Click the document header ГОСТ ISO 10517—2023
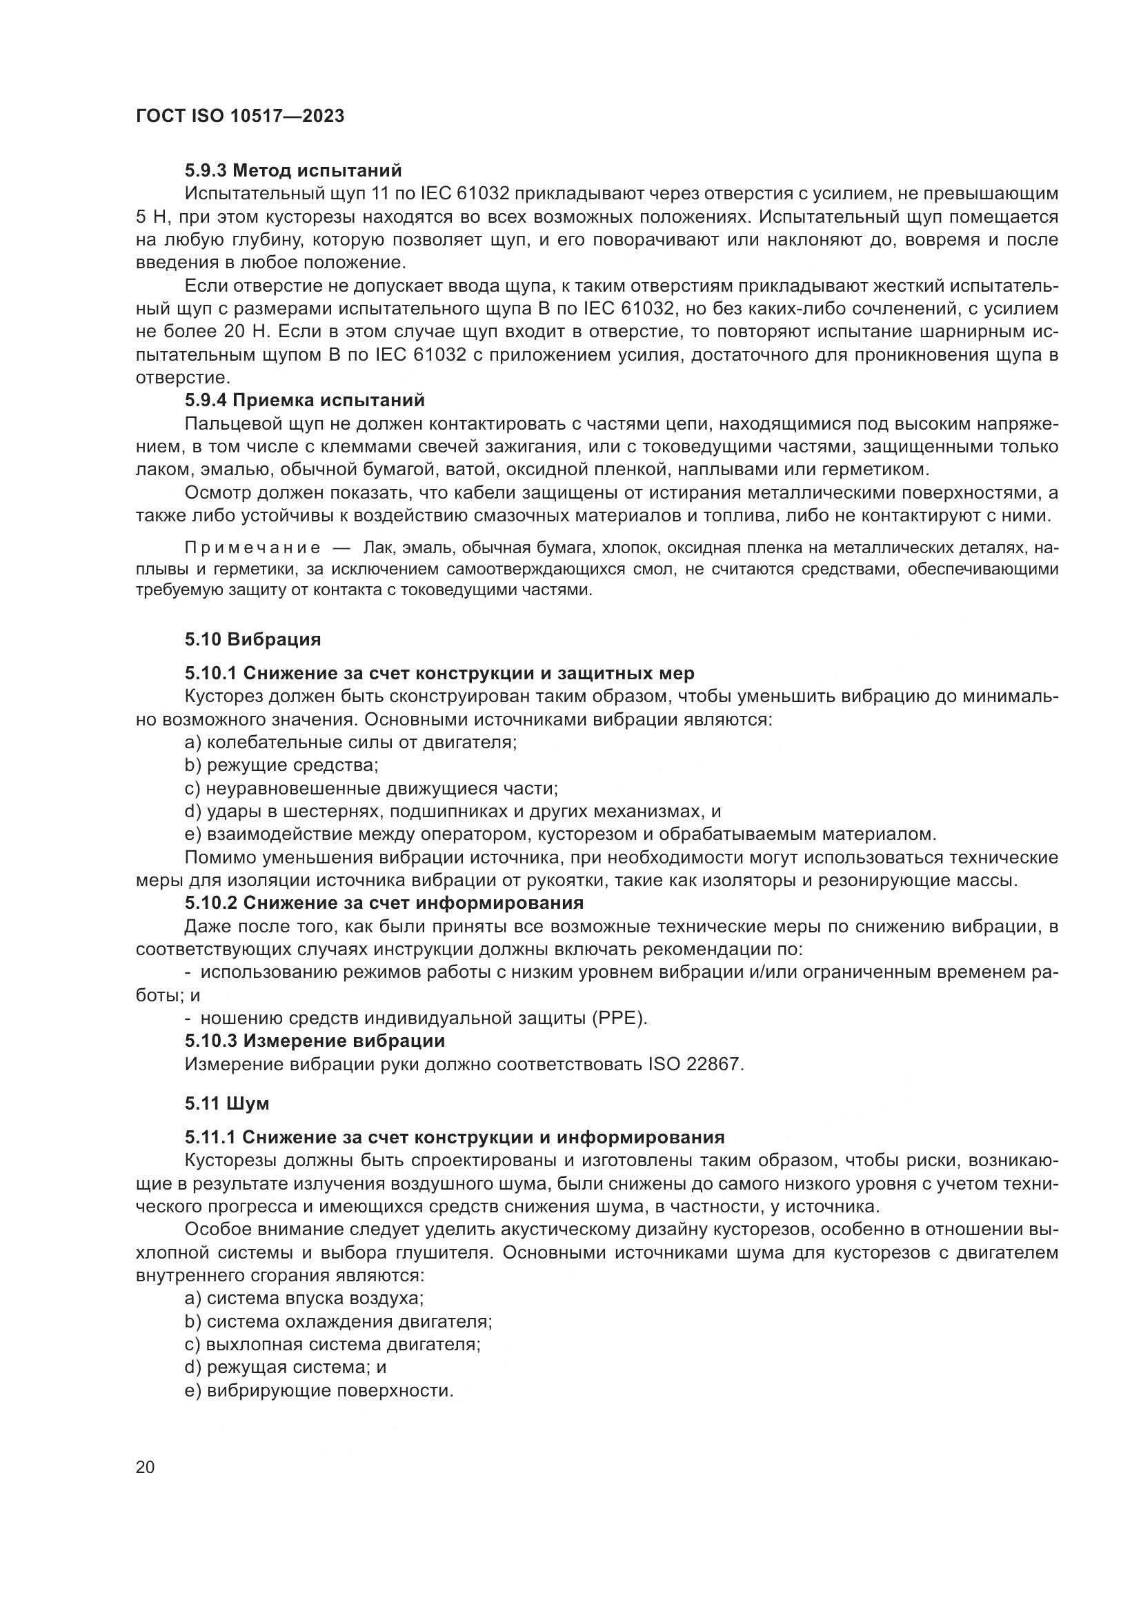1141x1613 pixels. (239, 117)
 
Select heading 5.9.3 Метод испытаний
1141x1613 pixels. (293, 170)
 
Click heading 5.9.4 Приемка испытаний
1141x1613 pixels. (304, 401)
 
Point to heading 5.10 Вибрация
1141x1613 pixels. (253, 639)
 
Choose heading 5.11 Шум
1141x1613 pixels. (227, 1103)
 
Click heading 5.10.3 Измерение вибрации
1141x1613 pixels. (315, 1041)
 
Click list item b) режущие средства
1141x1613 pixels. (281, 765)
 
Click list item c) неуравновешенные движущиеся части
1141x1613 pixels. (371, 788)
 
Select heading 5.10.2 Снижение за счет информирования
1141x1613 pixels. (384, 902)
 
